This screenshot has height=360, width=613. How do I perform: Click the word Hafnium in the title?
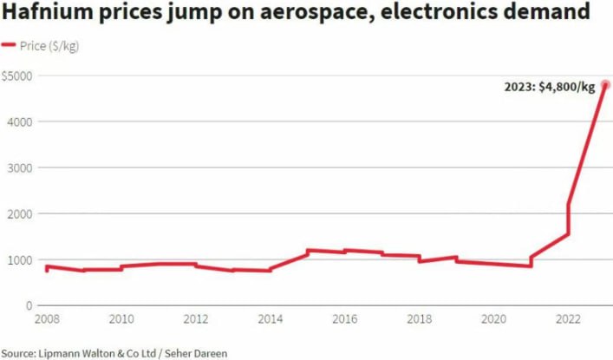[x=47, y=14]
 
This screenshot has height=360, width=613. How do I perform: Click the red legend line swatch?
[x=10, y=46]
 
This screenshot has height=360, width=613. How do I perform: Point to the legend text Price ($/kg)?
[x=49, y=46]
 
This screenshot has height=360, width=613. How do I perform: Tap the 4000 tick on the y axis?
[x=21, y=121]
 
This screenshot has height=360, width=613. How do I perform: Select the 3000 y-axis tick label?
[x=21, y=167]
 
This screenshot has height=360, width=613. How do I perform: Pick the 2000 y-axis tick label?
[x=21, y=213]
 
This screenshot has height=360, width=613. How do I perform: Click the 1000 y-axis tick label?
[x=21, y=259]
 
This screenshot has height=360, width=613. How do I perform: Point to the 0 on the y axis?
[x=29, y=305]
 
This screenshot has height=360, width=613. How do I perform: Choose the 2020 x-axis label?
[x=492, y=319]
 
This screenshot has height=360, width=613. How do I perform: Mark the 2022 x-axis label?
[x=567, y=319]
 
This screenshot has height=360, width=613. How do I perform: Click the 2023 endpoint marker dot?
[x=605, y=84]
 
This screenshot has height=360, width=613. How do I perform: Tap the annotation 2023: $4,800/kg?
[x=550, y=86]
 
